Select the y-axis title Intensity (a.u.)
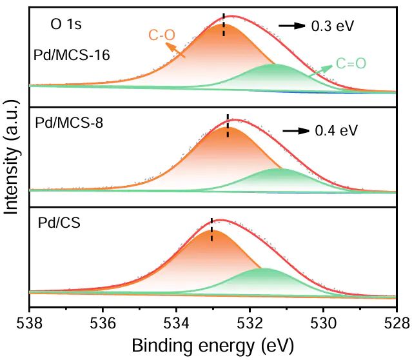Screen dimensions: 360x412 tap(12, 159)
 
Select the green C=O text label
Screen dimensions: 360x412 tap(351, 64)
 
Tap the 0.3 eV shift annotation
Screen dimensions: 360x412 tap(333, 26)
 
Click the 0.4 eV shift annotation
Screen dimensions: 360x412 tap(336, 131)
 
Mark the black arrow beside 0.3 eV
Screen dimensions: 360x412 tap(291, 26)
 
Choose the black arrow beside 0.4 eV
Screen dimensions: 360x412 tap(295, 130)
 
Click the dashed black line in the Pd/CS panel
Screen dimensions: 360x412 tap(211, 229)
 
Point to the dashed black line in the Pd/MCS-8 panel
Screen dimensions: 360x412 tap(228, 125)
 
